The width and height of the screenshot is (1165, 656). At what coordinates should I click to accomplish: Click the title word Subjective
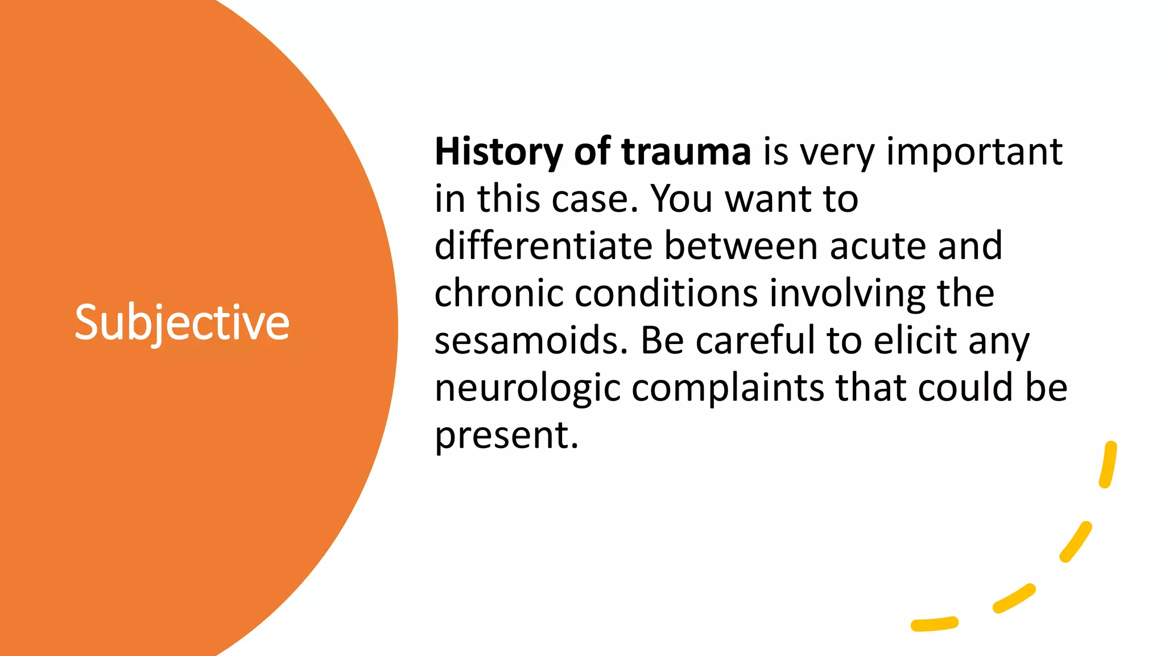[x=182, y=322]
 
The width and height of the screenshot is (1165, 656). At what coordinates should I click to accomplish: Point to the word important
[x=974, y=152]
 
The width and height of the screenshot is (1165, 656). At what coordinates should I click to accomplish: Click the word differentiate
[x=543, y=246]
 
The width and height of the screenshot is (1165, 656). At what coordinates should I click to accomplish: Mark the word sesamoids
[x=531, y=341]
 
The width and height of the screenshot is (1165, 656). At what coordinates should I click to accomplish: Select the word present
[x=506, y=435]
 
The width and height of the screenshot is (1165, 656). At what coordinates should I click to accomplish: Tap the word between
[x=741, y=246]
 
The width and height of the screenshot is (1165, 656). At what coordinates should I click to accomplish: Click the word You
[x=681, y=199]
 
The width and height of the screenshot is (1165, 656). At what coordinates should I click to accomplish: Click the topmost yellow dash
[x=1108, y=465]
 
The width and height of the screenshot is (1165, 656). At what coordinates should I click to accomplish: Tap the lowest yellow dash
[x=934, y=624]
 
